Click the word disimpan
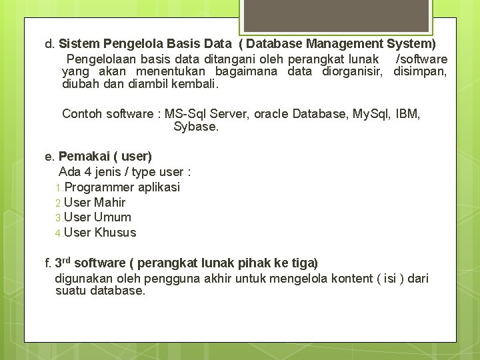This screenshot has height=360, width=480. (420, 72)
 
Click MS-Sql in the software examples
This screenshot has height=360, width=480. (186, 113)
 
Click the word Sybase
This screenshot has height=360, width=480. (195, 126)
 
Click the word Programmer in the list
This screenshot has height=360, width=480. (99, 187)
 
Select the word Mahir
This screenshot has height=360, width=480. (109, 203)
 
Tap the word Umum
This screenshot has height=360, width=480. (113, 217)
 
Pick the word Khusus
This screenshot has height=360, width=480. (115, 233)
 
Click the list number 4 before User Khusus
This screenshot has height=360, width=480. (58, 233)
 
